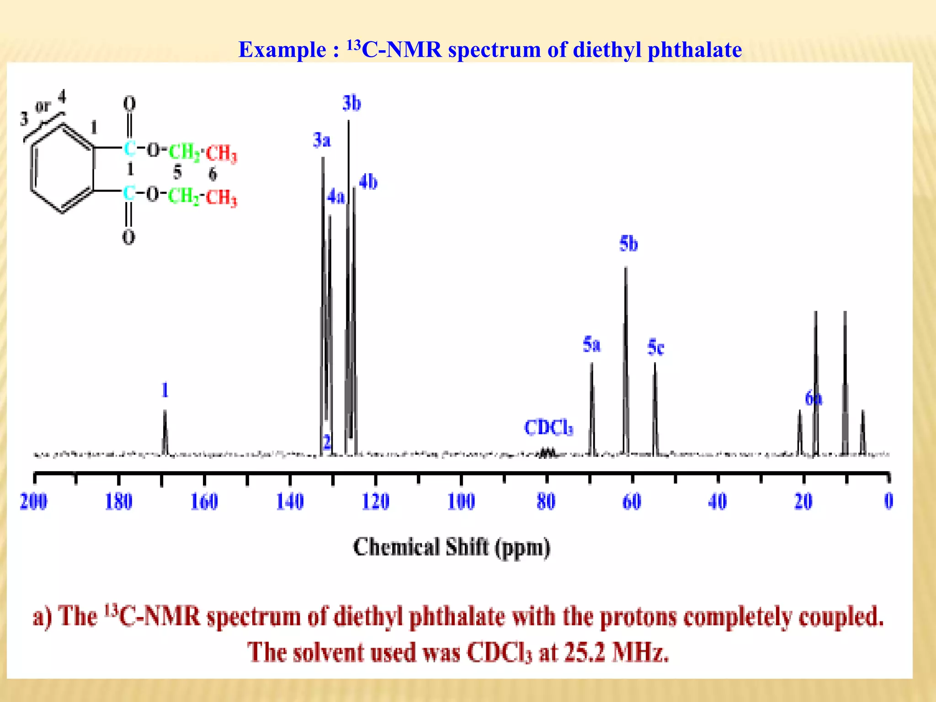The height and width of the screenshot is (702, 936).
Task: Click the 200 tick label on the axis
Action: pyautogui.click(x=33, y=501)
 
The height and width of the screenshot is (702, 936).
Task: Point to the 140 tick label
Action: pyautogui.click(x=290, y=501)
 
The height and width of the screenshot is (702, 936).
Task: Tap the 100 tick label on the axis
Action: pyautogui.click(x=461, y=501)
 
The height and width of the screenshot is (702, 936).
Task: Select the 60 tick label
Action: pyautogui.click(x=632, y=501)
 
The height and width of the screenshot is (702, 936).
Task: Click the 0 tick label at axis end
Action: pyautogui.click(x=888, y=501)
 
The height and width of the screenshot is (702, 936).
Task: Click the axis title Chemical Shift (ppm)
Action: pyautogui.click(x=452, y=548)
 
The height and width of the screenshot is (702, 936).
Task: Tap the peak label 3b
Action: pyautogui.click(x=351, y=103)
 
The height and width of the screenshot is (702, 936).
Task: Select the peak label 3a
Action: pyautogui.click(x=322, y=140)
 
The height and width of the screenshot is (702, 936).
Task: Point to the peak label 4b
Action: pyautogui.click(x=368, y=182)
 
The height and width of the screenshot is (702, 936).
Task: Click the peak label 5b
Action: pyautogui.click(x=628, y=244)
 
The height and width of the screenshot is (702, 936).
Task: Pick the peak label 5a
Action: pyautogui.click(x=591, y=345)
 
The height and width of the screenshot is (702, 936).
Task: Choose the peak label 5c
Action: pyautogui.click(x=656, y=347)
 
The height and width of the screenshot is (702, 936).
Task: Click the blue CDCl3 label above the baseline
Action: pyautogui.click(x=548, y=428)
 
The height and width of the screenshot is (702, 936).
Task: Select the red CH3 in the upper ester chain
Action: pyautogui.click(x=222, y=153)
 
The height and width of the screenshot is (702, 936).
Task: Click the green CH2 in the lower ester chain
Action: pyautogui.click(x=184, y=197)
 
